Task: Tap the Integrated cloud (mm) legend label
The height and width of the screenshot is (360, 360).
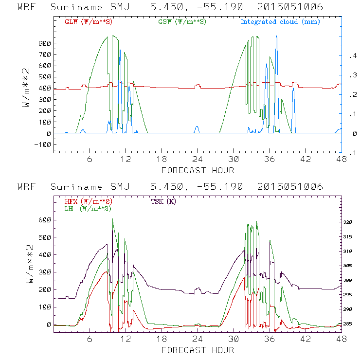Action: click(280, 22)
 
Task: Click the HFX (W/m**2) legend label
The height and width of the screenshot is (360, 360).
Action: click(85, 201)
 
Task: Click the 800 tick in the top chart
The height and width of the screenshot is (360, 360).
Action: click(45, 43)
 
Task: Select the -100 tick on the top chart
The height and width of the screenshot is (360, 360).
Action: click(43, 144)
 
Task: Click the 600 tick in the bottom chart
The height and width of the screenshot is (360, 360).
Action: click(45, 219)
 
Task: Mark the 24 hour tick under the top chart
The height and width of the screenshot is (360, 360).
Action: click(197, 160)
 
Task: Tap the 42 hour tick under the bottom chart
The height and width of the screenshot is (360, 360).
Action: click(305, 339)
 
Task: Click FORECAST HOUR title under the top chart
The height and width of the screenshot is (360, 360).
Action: click(198, 170)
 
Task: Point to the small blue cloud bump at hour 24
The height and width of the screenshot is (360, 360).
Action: click(197, 129)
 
